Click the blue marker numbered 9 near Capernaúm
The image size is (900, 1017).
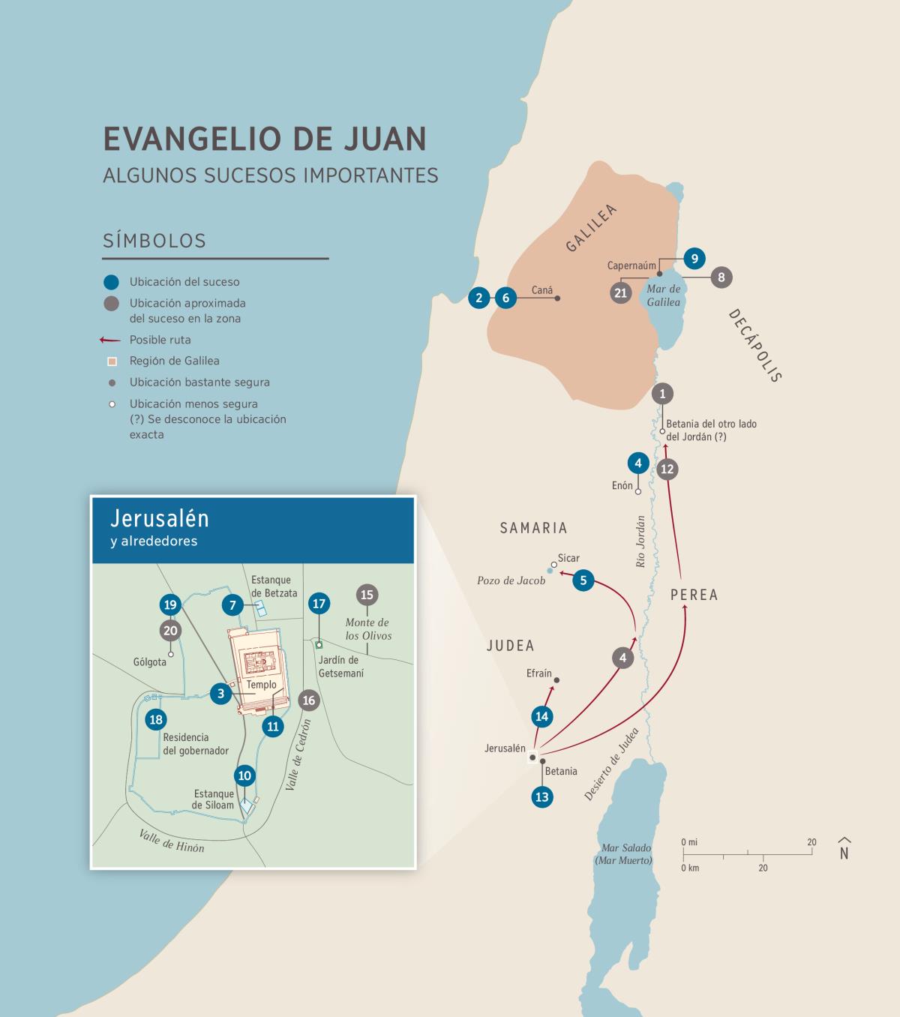click(x=694, y=259)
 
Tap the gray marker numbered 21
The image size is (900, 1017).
click(x=620, y=292)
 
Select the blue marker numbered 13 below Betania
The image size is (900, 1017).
click(x=541, y=796)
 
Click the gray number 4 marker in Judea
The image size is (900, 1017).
click(x=622, y=658)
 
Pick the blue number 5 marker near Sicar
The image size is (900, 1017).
click(x=583, y=580)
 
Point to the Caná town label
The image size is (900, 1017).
click(x=541, y=290)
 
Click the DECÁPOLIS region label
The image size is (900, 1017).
click(x=755, y=345)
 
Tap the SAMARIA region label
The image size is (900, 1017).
click(x=533, y=528)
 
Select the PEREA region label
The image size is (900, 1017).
click(x=694, y=595)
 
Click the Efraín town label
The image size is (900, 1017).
click(x=538, y=673)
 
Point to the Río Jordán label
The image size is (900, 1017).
click(x=640, y=541)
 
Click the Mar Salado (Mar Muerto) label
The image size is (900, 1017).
click(x=626, y=854)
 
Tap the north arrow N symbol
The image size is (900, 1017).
click(x=844, y=849)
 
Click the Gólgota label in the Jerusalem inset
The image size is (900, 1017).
click(x=149, y=662)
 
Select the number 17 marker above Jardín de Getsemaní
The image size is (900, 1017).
click(x=319, y=604)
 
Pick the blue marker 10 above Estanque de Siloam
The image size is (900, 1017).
click(x=244, y=775)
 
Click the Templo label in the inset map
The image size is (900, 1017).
click(x=261, y=684)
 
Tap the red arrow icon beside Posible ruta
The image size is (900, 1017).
click(x=110, y=340)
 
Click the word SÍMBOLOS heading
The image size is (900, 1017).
click(x=154, y=241)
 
